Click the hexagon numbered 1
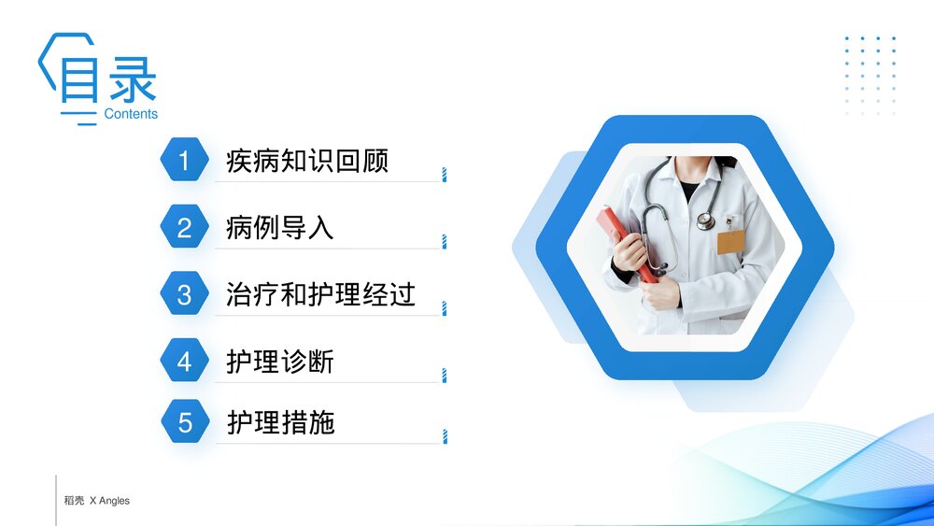click(x=184, y=161)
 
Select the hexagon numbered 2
click(x=184, y=228)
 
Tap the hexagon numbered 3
click(x=184, y=295)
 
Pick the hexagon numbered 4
click(x=184, y=362)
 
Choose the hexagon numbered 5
click(x=184, y=422)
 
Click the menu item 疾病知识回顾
click(x=307, y=161)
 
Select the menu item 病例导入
click(x=280, y=228)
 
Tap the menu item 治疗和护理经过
click(x=320, y=295)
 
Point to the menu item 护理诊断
click(x=280, y=362)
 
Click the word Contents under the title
click(x=131, y=114)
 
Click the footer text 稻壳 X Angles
click(x=96, y=501)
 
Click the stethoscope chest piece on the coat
click(x=705, y=220)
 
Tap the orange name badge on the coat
click(x=730, y=242)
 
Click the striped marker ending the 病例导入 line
click(x=444, y=242)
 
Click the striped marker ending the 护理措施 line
click(x=444, y=436)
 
